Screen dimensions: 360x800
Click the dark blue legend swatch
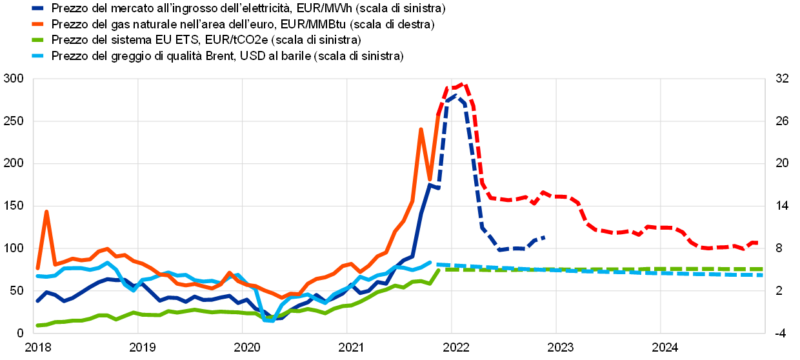tap(37, 8)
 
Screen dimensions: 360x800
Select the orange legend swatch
tap(37, 24)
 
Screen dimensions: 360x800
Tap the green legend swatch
tap(37, 39)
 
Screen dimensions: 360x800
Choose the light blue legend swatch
tap(37, 55)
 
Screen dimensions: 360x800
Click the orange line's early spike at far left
tap(46, 212)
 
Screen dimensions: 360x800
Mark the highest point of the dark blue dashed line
tap(455, 96)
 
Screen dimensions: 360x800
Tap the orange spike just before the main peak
tap(421, 130)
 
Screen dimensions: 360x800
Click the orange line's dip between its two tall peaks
tap(430, 179)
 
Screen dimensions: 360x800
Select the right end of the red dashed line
tap(756, 243)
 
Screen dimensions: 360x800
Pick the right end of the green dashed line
tap(763, 269)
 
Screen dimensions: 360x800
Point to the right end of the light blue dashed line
tap(763, 275)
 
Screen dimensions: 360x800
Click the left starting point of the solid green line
tap(37, 326)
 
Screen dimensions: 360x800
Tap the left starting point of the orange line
tap(37, 268)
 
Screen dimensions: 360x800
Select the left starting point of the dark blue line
tap(37, 301)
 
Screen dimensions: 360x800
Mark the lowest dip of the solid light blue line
tap(272, 321)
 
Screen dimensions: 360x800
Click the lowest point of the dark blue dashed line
tap(499, 250)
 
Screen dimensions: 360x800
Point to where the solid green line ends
tap(439, 270)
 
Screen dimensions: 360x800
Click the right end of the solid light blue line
tap(430, 262)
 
